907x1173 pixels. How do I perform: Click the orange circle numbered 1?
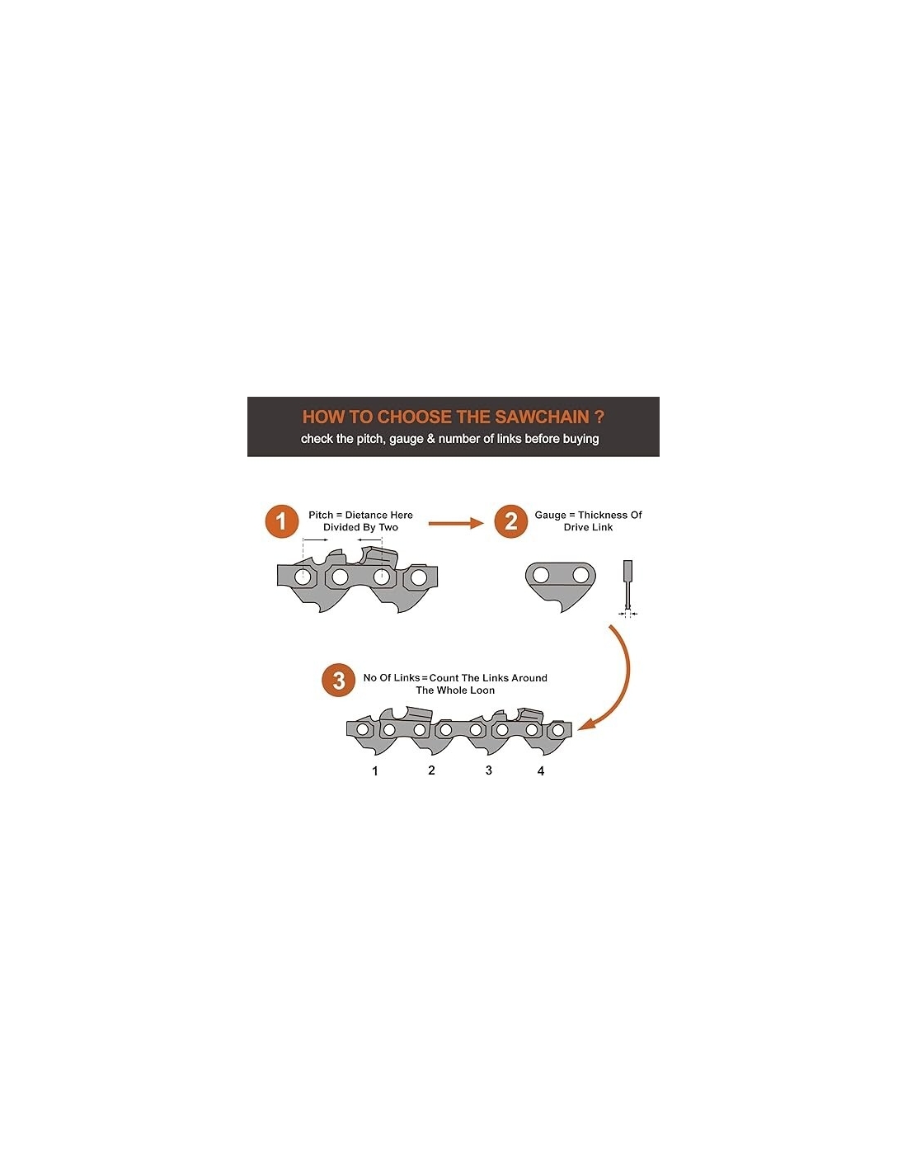[x=281, y=521]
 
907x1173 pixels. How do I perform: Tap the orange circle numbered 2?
[x=510, y=521]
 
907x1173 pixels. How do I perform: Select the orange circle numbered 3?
[x=338, y=680]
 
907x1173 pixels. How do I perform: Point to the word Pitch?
[x=321, y=515]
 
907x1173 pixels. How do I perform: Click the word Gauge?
[x=550, y=515]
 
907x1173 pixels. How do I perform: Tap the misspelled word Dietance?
[x=367, y=515]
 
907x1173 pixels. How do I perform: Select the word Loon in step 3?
[x=482, y=690]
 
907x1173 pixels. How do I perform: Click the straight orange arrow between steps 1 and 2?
[x=455, y=522]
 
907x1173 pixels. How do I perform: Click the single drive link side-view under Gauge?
[x=560, y=585]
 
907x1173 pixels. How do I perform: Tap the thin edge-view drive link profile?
[x=627, y=586]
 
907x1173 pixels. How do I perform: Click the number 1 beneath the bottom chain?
[x=375, y=770]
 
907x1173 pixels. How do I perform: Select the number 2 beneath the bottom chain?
[x=431, y=770]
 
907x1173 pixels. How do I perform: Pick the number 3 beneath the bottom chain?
[x=489, y=770]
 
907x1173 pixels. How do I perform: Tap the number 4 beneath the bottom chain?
[x=541, y=770]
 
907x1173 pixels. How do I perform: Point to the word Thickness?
[x=604, y=515]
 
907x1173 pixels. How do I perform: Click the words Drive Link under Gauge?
[x=588, y=527]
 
